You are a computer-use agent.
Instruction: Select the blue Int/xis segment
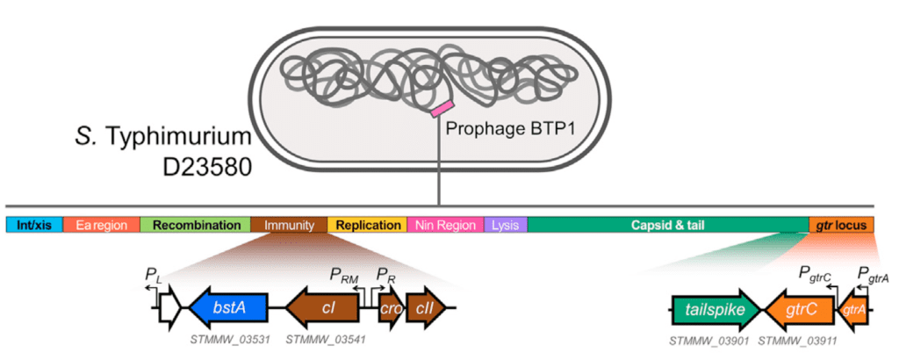[x=34, y=225]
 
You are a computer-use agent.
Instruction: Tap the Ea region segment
[x=102, y=225]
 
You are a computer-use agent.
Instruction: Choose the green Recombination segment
[x=196, y=225]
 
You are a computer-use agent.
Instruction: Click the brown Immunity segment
[x=289, y=225]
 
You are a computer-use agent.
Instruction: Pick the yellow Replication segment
[x=367, y=225]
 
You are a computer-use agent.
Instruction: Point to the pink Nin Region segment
[x=445, y=225]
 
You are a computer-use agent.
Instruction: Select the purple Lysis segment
[x=506, y=225]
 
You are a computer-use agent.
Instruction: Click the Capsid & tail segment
[x=668, y=225]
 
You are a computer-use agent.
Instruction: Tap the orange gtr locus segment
[x=841, y=225]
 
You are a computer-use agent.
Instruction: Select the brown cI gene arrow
[x=324, y=307]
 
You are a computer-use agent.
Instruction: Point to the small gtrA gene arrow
[x=855, y=310]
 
